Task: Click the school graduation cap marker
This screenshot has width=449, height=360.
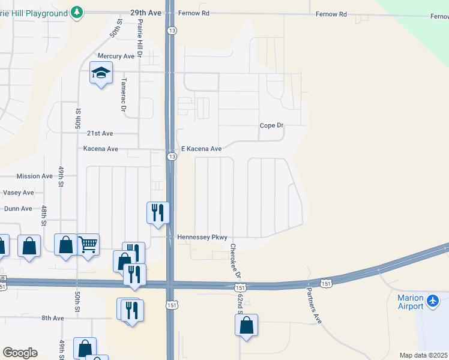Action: click(x=101, y=73)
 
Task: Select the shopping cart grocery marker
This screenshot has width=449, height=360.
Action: click(x=88, y=245)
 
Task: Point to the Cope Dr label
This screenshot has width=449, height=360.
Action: click(x=271, y=125)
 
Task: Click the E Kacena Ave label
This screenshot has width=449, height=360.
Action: click(x=202, y=149)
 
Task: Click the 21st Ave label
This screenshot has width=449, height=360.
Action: click(x=100, y=133)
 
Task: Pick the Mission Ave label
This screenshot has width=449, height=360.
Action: click(x=35, y=176)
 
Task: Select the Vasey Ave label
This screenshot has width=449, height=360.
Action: click(x=19, y=193)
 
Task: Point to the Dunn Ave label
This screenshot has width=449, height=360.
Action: click(x=18, y=209)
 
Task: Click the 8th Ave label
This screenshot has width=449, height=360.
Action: click(x=52, y=318)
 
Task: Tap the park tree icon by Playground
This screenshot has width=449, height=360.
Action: click(x=77, y=12)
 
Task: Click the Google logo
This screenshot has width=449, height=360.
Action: click(x=20, y=353)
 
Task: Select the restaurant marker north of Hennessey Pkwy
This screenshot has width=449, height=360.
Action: click(x=158, y=212)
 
